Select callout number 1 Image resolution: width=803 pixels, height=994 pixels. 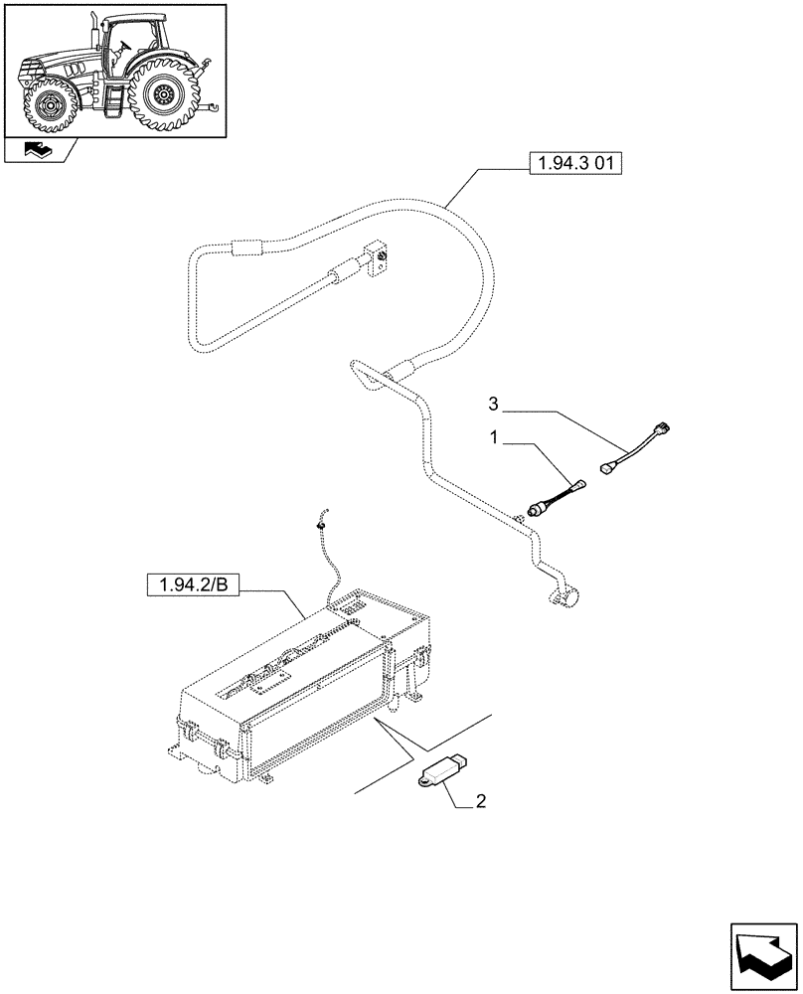(493, 436)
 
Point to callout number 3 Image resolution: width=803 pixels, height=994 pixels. (493, 405)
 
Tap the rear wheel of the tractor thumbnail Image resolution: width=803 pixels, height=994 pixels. (165, 96)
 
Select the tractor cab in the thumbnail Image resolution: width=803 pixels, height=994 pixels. (128, 45)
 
